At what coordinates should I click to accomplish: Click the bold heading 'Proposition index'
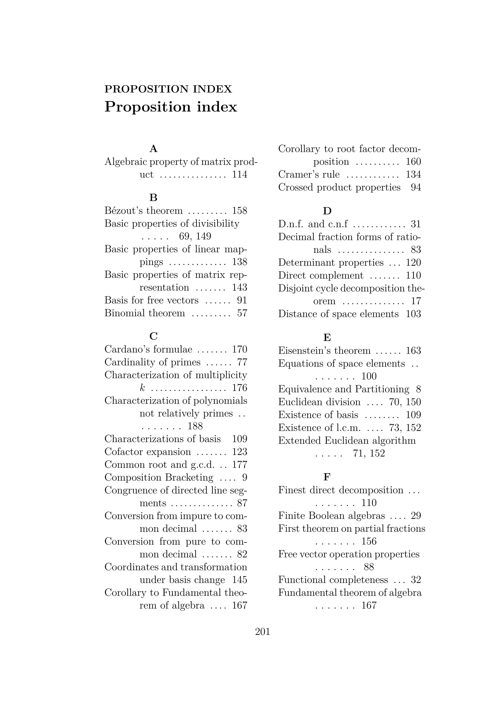(170, 107)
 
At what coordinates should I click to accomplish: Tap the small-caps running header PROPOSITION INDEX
(168, 89)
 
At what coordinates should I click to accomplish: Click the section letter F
(326, 477)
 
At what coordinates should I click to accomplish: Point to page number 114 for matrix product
(240, 175)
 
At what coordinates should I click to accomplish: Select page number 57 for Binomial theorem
(242, 313)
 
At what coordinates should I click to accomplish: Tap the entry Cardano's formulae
(148, 349)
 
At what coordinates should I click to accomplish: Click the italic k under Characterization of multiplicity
(142, 388)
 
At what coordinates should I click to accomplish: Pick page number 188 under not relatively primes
(195, 426)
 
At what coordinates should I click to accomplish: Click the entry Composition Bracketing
(159, 477)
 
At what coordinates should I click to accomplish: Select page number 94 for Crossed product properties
(416, 188)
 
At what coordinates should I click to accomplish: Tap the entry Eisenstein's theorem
(324, 351)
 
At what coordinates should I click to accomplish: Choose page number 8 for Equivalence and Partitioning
(418, 389)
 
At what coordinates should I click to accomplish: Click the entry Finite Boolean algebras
(331, 516)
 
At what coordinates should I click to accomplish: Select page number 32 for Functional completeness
(416, 580)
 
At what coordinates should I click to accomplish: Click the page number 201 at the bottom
(262, 632)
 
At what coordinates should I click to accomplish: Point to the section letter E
(327, 337)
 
